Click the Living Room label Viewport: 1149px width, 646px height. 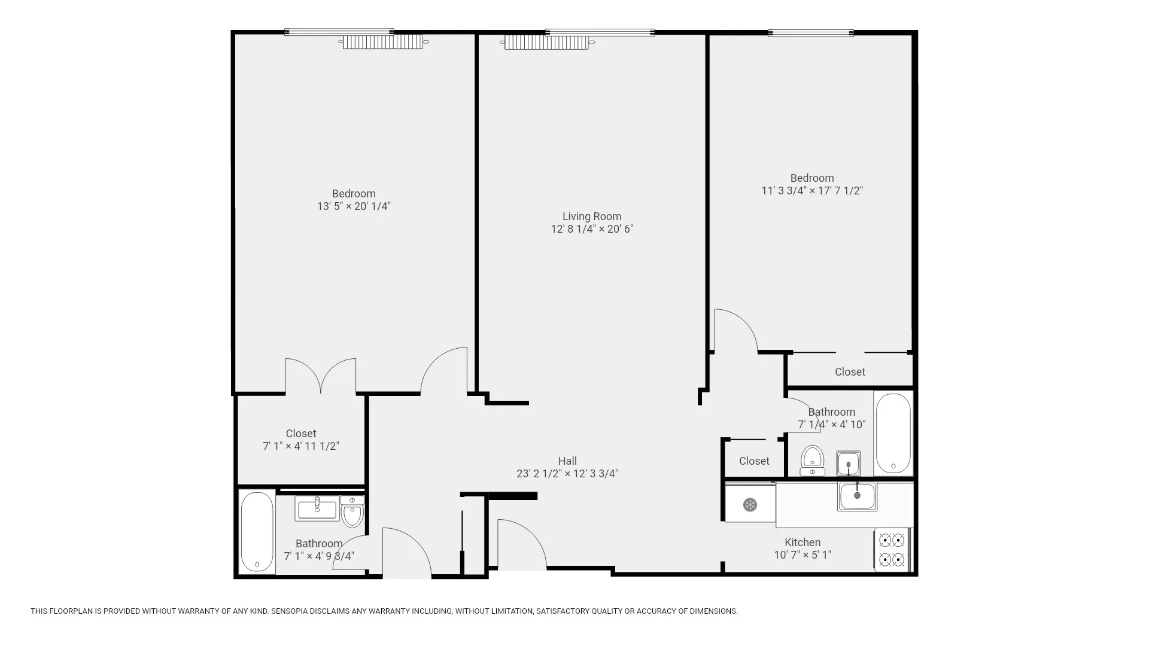point(591,217)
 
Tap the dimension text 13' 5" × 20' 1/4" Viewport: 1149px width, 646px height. point(354,206)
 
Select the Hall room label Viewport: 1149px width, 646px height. point(567,461)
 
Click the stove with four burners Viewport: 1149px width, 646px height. point(891,550)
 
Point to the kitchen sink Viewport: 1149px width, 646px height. point(857,496)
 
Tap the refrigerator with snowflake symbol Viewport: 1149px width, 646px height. point(750,505)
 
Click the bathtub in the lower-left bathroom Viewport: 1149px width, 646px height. point(257,532)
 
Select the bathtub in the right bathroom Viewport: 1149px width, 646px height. point(893,433)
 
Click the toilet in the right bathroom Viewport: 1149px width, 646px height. point(812,460)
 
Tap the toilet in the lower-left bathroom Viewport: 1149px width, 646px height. point(352,512)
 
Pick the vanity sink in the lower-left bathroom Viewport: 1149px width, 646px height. point(317,508)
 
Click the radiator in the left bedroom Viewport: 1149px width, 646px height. point(383,42)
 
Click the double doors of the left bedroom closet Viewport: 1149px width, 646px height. point(321,377)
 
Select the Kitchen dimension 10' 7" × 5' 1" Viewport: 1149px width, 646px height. point(802,555)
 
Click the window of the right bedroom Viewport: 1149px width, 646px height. point(811,33)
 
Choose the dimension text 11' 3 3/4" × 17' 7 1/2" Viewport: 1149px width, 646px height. point(811,191)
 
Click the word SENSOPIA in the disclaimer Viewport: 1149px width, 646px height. point(290,611)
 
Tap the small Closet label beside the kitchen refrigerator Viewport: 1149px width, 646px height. point(753,461)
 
